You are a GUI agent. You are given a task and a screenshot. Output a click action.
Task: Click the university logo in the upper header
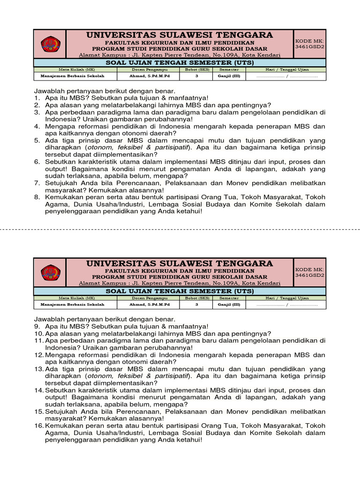pyautogui.click(x=50, y=44)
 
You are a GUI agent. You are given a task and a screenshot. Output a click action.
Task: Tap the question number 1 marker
pyautogui.click(x=37, y=98)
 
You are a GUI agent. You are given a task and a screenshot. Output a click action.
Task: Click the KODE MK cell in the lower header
pyautogui.click(x=309, y=272)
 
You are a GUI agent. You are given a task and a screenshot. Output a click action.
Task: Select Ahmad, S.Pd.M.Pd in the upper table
pyautogui.click(x=149, y=76)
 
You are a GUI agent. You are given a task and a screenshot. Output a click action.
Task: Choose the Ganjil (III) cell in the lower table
pyautogui.click(x=229, y=304)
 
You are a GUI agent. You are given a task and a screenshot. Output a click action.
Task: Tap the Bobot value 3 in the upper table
pyautogui.click(x=197, y=76)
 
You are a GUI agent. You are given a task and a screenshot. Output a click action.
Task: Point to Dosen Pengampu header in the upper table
pyautogui.click(x=149, y=69)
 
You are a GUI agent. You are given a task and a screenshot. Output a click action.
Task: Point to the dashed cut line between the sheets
pyautogui.click(x=180, y=230)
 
